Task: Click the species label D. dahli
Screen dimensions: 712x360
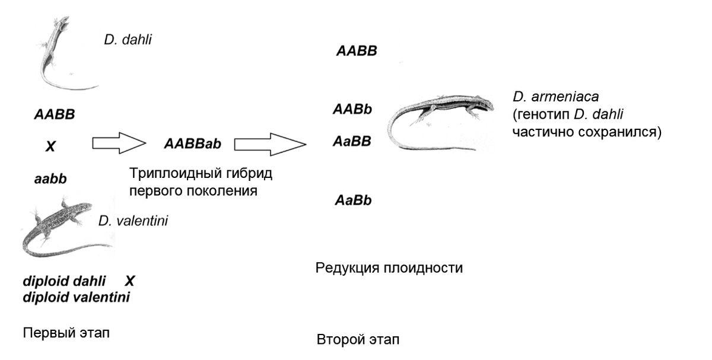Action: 128,40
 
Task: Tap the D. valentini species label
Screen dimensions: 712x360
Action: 133,221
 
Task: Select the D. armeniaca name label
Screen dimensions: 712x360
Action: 555,97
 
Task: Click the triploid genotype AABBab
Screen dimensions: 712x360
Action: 193,144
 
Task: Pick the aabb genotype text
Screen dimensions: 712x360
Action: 50,179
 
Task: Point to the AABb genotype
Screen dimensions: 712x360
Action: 352,109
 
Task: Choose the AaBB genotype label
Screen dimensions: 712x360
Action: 352,141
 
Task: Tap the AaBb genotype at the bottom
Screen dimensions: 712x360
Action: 353,200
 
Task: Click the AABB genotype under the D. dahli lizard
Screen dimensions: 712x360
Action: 55,114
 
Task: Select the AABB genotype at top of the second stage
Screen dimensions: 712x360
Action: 357,51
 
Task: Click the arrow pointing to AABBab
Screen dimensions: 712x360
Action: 119,143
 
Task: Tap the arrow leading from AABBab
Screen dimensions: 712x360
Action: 270,144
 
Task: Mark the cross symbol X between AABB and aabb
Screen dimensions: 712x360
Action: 50,146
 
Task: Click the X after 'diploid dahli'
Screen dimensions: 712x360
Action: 130,281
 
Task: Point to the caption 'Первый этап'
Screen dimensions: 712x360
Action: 66,333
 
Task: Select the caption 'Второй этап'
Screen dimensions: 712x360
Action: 358,339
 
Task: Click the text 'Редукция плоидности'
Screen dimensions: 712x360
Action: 389,268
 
